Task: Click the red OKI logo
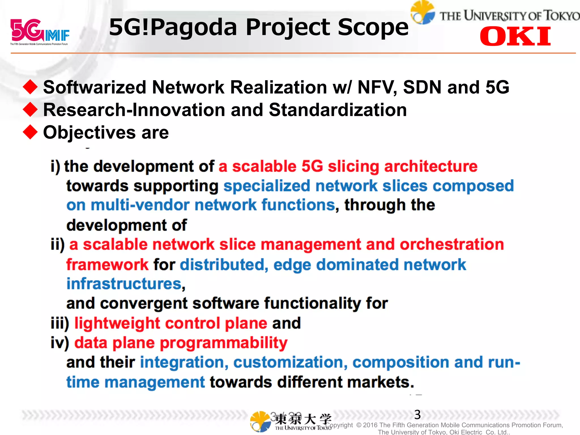click(x=515, y=36)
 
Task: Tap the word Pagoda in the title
click(x=194, y=27)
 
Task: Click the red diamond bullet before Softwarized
click(x=30, y=87)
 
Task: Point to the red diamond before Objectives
click(x=30, y=132)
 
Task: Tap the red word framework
click(x=107, y=265)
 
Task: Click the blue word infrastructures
click(x=124, y=284)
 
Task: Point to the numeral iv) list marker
click(x=60, y=343)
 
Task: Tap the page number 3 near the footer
click(x=417, y=415)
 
